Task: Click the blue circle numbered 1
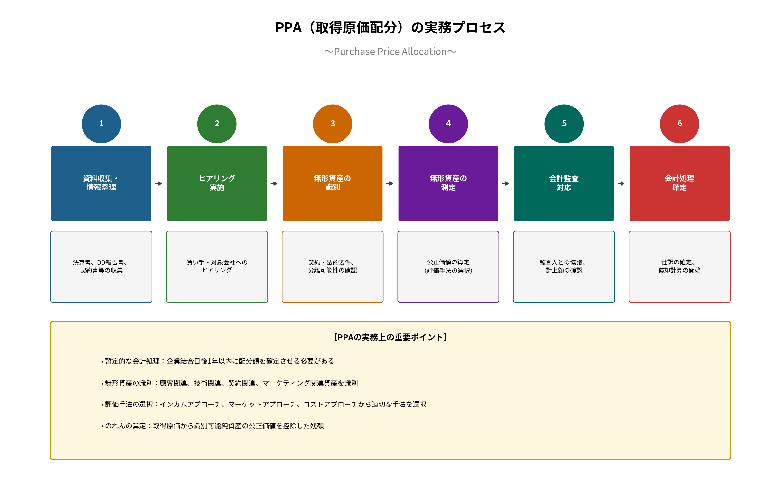click(101, 124)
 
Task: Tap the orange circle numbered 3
click(332, 124)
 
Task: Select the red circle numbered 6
click(679, 124)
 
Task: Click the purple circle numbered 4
click(448, 124)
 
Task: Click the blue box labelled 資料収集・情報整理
click(101, 183)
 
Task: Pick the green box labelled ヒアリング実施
click(217, 183)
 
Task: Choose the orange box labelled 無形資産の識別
click(332, 183)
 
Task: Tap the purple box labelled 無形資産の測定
click(448, 183)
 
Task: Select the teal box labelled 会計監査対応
click(564, 183)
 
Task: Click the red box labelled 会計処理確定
click(679, 183)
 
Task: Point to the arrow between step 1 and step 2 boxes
click(159, 184)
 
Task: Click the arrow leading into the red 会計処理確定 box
click(621, 184)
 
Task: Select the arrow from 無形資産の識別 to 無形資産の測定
click(390, 184)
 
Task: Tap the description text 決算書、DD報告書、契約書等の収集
click(101, 266)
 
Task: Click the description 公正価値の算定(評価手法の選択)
click(448, 266)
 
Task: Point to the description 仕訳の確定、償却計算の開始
click(679, 266)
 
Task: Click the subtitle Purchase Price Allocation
click(390, 52)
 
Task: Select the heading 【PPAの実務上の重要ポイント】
click(390, 337)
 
